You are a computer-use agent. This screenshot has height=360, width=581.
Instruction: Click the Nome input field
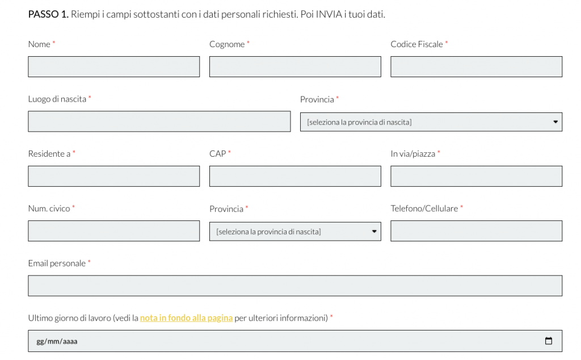point(113,66)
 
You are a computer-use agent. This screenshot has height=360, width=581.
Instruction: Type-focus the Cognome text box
point(295,66)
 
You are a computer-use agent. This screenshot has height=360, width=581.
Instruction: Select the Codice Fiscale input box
point(476,66)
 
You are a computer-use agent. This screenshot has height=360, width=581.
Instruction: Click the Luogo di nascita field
point(159,122)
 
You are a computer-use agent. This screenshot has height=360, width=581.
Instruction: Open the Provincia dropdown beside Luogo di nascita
point(431,122)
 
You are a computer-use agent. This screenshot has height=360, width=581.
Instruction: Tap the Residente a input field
point(113,176)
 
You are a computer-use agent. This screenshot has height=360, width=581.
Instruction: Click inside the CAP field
point(295,176)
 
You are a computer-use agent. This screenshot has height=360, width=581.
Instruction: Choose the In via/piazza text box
point(476,176)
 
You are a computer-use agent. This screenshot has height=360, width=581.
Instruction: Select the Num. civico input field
point(113,231)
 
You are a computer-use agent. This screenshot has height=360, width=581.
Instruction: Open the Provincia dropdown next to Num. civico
point(295,231)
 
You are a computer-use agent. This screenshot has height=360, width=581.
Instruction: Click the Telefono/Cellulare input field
point(476,231)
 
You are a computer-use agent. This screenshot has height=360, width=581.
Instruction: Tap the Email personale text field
point(295,286)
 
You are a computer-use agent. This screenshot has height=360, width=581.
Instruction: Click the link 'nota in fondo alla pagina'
point(186,318)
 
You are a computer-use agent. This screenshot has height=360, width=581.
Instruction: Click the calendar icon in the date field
point(548,341)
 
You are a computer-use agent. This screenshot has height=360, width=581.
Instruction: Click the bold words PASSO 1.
point(48,14)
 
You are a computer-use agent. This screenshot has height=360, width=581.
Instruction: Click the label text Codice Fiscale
point(416,44)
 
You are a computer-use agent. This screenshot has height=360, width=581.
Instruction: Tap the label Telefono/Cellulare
point(424,208)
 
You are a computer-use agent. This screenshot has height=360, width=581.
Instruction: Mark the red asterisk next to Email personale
point(89,263)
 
